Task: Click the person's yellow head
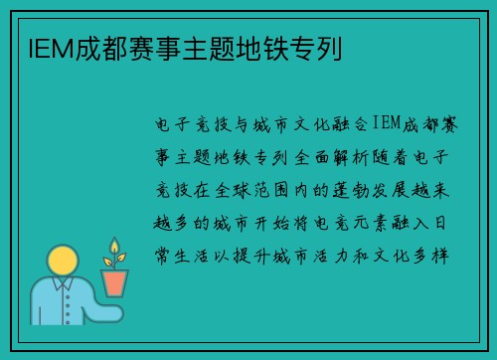[62, 263]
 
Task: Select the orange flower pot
[114, 282]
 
